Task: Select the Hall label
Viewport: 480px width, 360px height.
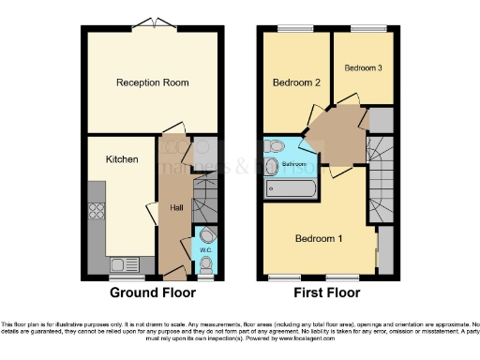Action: tap(175, 208)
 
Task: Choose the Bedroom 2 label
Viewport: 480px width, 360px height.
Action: tap(297, 83)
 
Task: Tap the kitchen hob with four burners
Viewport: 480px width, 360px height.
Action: tap(97, 211)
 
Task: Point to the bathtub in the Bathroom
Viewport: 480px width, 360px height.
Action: tap(291, 188)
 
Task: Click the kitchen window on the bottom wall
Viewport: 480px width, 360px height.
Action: tap(123, 277)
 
